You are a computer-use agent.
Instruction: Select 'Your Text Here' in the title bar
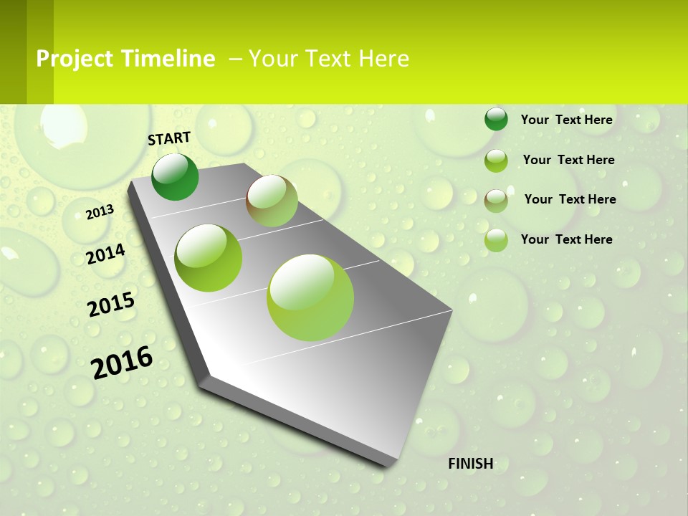point(329,59)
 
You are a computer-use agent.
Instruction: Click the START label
point(169,138)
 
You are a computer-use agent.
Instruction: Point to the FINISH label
point(471,463)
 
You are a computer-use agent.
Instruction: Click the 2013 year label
point(100,211)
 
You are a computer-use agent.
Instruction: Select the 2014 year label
point(105,254)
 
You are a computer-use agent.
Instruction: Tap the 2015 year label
point(111,305)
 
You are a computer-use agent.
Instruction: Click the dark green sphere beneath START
point(175,177)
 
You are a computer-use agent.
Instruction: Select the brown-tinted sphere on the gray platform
point(272,201)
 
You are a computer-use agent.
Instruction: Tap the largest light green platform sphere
point(310,297)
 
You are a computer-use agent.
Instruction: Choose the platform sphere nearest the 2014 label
point(209,258)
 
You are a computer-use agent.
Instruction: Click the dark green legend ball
point(496,119)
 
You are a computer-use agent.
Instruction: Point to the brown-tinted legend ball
point(496,201)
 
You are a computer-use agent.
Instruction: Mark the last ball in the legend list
point(496,240)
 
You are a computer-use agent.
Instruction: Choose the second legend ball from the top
point(496,161)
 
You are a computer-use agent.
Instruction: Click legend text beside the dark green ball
point(566,120)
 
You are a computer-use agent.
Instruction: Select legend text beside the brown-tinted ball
point(570,199)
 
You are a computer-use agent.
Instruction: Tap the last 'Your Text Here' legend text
point(566,239)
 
